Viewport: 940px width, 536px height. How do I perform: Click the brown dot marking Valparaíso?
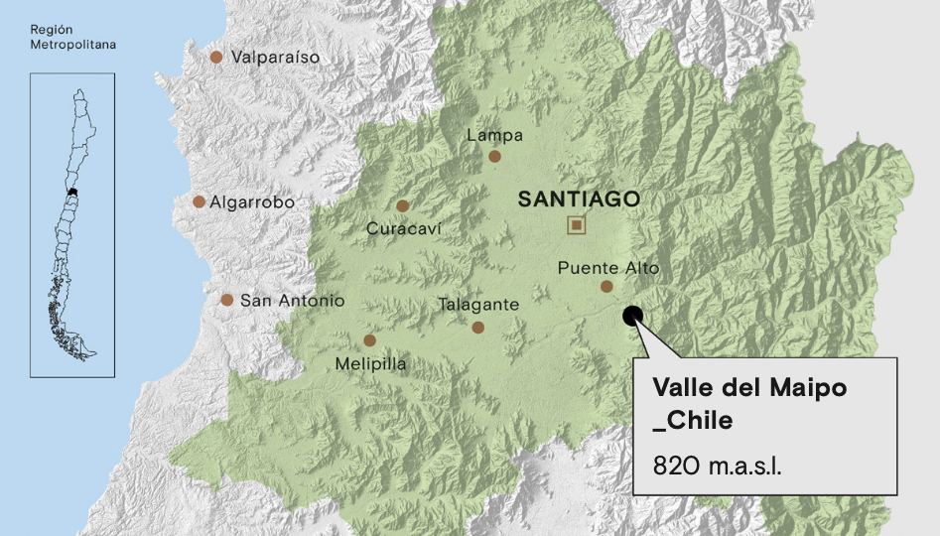coord(216,58)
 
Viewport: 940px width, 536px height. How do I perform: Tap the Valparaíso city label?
coord(275,58)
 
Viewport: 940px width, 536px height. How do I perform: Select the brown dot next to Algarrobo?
coord(200,201)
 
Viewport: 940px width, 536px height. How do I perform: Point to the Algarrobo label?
coord(252,201)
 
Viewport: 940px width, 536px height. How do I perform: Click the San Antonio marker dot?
coord(227,300)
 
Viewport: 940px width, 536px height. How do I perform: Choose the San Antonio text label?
coord(292,300)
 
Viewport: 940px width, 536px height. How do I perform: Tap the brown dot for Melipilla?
coord(369,340)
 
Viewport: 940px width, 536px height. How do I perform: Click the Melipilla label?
coord(370,364)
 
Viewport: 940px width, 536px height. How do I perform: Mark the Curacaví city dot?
coord(402,205)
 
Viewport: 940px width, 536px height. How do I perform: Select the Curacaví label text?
coord(403,229)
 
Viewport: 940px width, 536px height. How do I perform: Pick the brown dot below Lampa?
coord(494,156)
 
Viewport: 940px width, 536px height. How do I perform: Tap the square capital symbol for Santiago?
coord(576,225)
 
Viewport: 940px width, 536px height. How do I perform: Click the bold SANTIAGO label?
coord(579,200)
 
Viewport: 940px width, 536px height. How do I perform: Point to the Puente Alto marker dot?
coord(606,287)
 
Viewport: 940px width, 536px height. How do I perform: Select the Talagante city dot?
coord(477,328)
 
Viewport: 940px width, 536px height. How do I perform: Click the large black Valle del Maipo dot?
coord(632,317)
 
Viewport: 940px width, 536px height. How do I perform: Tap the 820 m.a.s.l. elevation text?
coord(717,465)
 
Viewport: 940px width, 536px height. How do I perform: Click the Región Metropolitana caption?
coord(72,38)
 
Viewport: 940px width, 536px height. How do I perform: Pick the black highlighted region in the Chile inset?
coord(72,191)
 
